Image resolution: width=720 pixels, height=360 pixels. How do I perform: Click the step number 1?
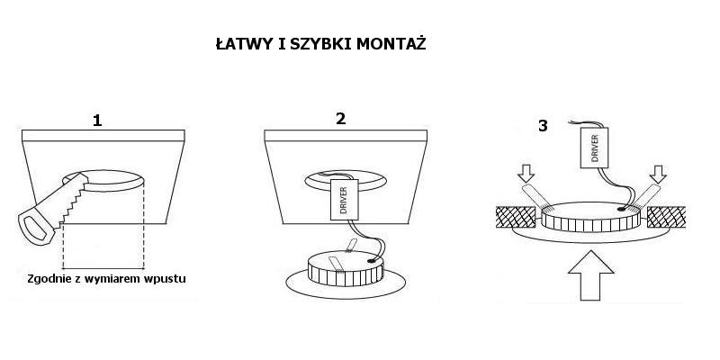[97, 121]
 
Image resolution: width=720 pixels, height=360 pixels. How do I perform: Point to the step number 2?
[340, 119]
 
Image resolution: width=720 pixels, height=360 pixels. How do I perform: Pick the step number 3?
[543, 126]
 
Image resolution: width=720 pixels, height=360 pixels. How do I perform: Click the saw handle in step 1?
[37, 228]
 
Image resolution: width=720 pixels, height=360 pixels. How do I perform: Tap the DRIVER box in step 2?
[344, 199]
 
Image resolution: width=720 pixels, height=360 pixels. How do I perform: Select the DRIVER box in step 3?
[594, 148]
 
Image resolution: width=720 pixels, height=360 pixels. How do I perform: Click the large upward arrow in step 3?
[590, 275]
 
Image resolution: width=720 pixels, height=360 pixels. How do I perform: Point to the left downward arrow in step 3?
[526, 174]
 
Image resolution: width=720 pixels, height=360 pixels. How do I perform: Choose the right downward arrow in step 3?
[658, 174]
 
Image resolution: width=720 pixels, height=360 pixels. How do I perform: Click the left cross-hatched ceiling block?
[516, 217]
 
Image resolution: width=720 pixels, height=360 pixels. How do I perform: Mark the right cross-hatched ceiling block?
[666, 217]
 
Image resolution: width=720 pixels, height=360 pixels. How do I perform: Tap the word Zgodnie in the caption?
[44, 279]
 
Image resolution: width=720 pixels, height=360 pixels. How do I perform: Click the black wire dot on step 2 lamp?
[370, 260]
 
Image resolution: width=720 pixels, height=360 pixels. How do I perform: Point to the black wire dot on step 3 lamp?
[622, 209]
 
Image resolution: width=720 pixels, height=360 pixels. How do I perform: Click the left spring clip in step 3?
[535, 197]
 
